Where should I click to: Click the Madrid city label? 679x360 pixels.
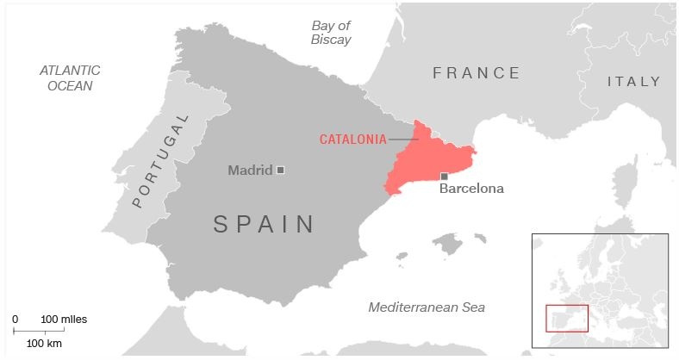click(249, 171)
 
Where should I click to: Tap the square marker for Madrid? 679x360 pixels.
click(280, 171)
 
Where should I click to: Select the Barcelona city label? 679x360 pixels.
click(471, 189)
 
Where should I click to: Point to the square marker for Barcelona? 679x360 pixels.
click(444, 176)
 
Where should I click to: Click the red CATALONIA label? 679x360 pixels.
click(352, 139)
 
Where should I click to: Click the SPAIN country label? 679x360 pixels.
click(265, 225)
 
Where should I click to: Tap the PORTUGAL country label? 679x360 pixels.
click(161, 161)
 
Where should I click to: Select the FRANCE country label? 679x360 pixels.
click(477, 73)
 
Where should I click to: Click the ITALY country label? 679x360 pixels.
click(633, 82)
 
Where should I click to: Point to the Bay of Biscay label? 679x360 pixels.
click(331, 32)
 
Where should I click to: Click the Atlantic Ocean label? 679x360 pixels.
click(70, 78)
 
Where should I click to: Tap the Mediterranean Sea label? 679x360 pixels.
click(427, 307)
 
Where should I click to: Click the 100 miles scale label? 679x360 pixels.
click(64, 320)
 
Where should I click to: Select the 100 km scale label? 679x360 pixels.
click(44, 343)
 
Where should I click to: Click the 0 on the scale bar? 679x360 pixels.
click(15, 320)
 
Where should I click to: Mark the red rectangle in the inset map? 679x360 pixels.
click(566, 318)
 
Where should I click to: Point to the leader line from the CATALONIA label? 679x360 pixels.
click(402, 139)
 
